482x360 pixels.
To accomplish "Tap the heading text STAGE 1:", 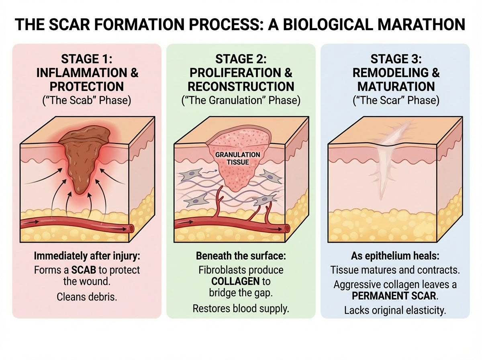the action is [87, 59].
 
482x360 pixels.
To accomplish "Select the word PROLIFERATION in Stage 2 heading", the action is [235, 73].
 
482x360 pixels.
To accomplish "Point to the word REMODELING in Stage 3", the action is [390, 73].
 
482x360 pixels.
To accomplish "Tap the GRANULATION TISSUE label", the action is [238, 158].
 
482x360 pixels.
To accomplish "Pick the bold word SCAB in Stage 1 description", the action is [84, 270].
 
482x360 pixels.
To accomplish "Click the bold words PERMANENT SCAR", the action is [394, 296].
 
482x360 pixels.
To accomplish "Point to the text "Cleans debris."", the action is [87, 297].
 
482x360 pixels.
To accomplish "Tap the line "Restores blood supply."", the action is [241, 309].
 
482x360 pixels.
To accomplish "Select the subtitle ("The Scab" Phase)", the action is [87, 100].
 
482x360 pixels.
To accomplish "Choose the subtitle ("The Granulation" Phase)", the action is [241, 100].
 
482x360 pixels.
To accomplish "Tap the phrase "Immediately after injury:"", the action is [87, 256].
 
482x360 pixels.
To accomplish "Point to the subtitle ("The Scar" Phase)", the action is [396, 100].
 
